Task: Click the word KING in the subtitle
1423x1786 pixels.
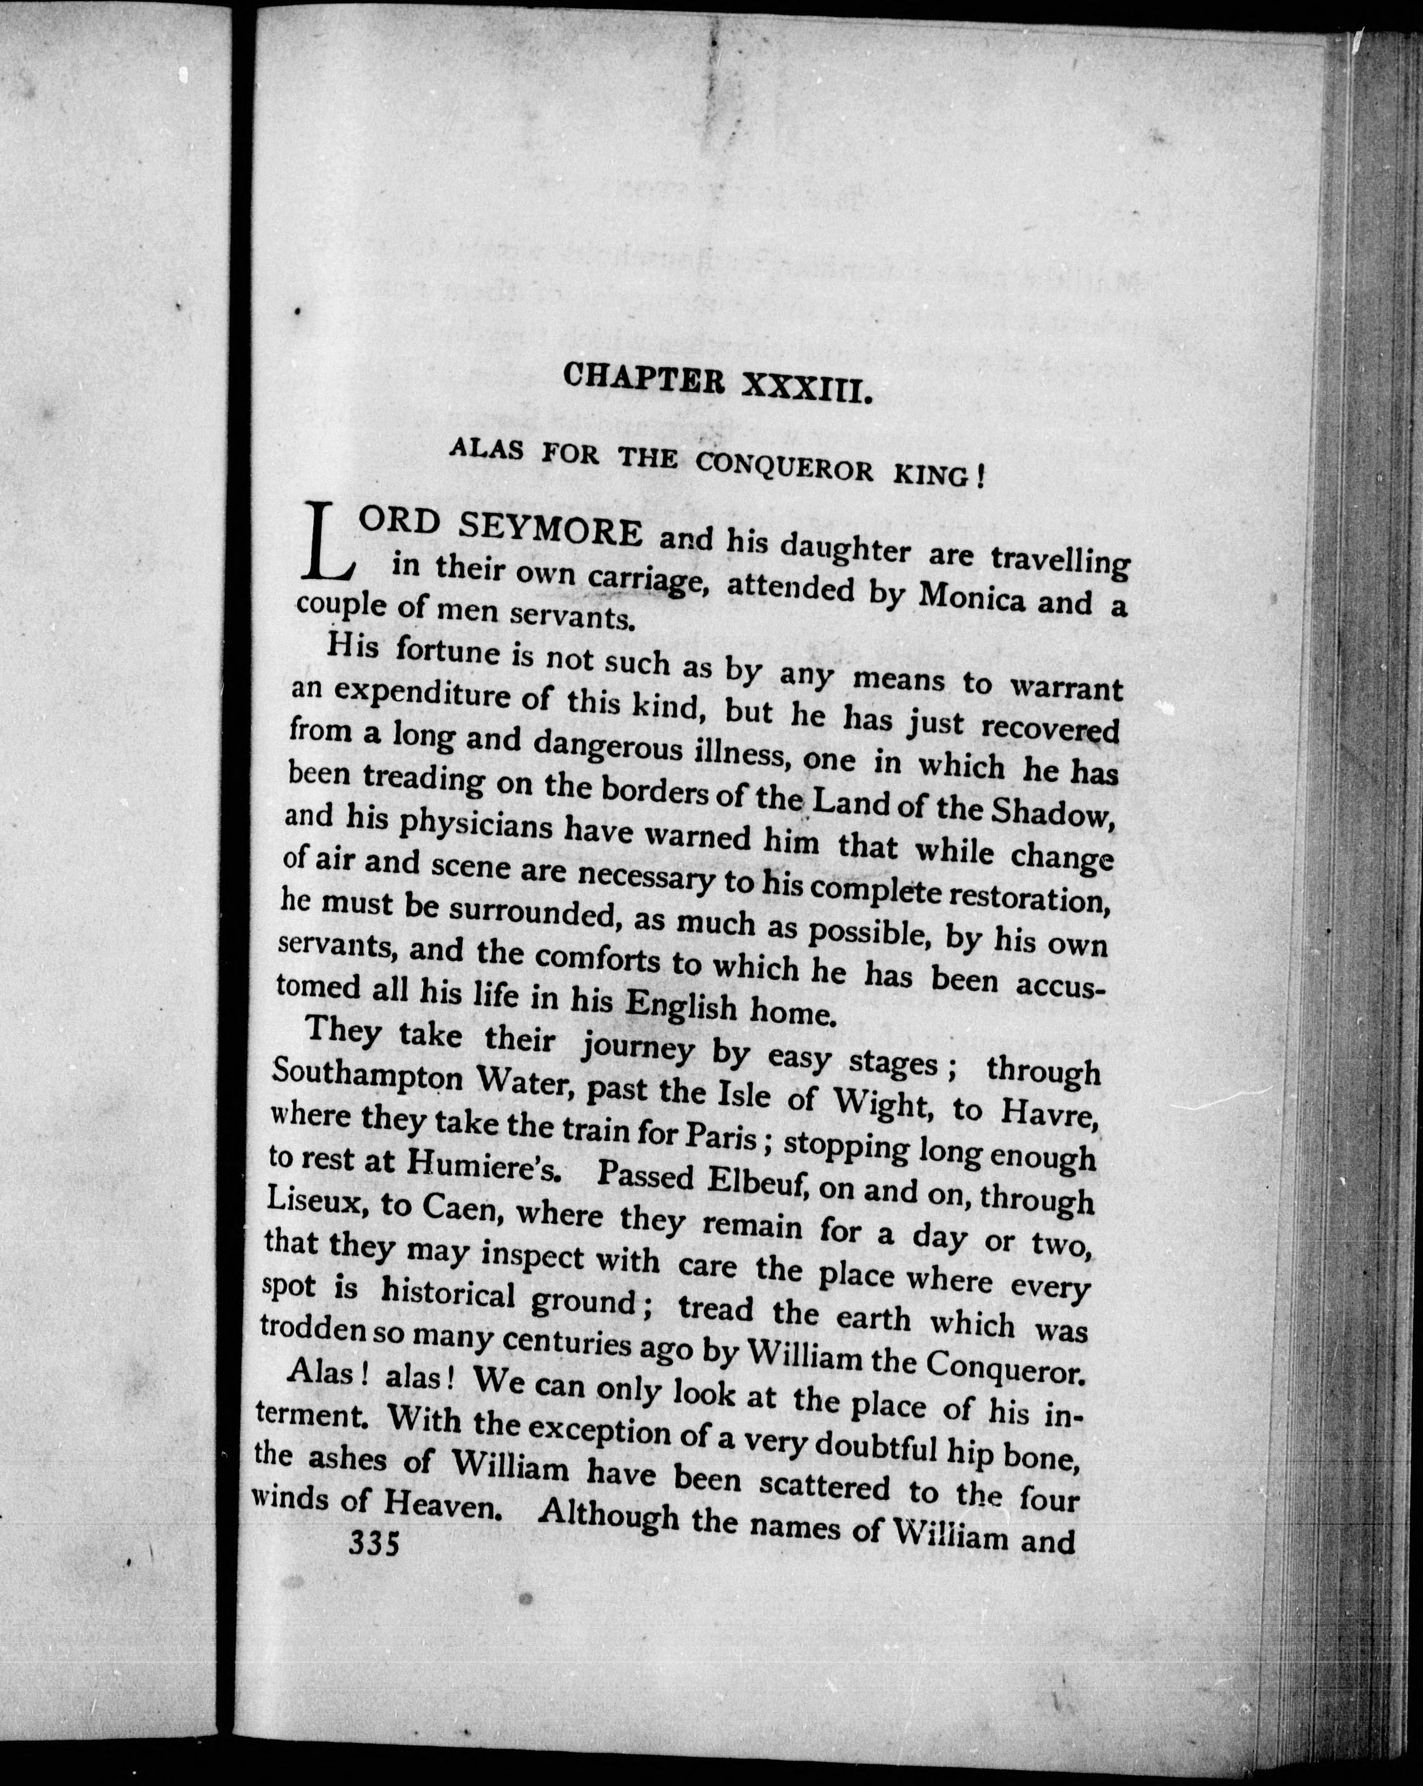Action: pos(935,479)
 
